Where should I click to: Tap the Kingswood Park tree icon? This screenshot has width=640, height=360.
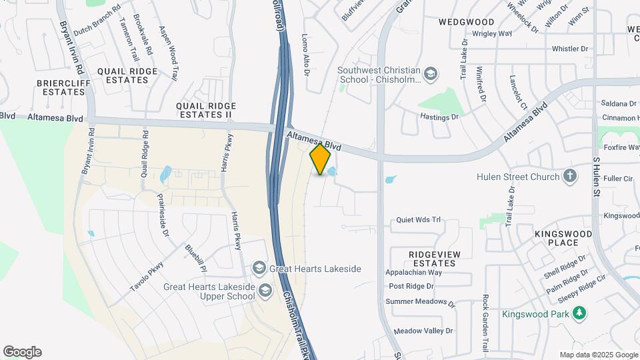(x=579, y=313)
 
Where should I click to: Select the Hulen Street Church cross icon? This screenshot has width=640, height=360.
(x=569, y=177)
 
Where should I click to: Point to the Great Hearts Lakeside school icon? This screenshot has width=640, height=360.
(x=259, y=269)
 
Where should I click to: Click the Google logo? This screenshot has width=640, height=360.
(x=22, y=352)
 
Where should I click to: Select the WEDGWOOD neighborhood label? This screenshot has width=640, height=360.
(x=467, y=22)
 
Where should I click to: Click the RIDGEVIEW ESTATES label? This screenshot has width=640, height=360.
(x=432, y=259)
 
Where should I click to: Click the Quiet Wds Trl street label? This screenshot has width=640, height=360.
(x=419, y=219)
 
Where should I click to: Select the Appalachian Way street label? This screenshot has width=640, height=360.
(x=414, y=273)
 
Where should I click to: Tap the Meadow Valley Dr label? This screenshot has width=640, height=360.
(x=423, y=331)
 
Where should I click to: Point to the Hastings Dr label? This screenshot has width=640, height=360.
(x=440, y=117)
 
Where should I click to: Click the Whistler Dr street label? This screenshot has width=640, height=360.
(x=570, y=49)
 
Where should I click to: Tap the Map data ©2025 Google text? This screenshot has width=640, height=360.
(x=598, y=355)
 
